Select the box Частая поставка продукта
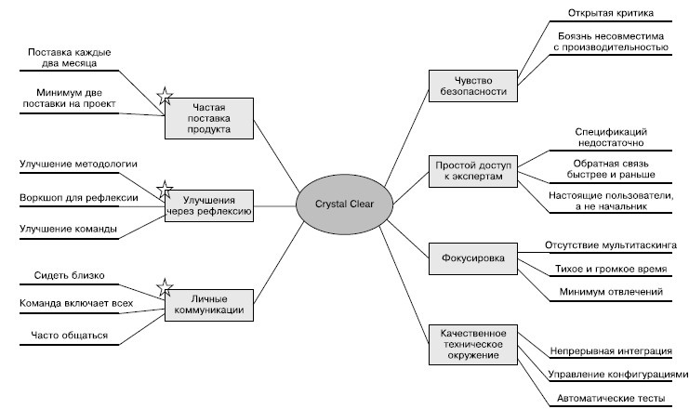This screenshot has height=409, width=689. (x=210, y=119)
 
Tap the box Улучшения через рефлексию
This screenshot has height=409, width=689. (x=210, y=204)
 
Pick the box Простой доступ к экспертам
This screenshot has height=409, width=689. (x=474, y=169)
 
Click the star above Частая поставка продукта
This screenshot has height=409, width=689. (x=164, y=95)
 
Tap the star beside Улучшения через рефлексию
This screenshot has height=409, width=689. (x=165, y=191)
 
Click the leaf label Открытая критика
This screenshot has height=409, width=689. (x=611, y=14)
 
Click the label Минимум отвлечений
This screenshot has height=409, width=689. (x=610, y=292)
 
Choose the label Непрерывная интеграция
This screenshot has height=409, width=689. (x=614, y=351)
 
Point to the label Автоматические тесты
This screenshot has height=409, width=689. (x=611, y=399)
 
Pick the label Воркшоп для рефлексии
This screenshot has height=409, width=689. (x=79, y=198)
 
